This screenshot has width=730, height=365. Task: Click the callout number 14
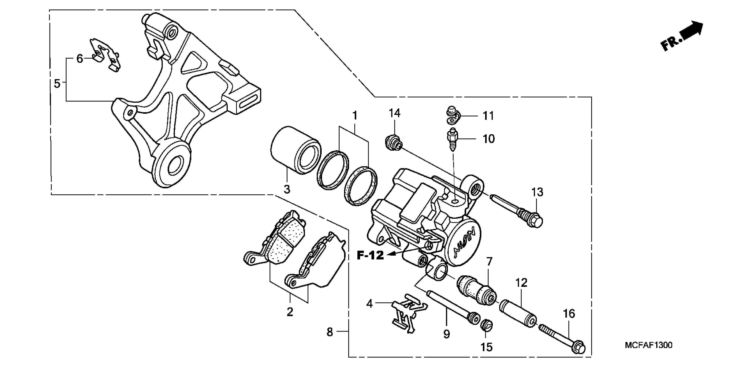[394, 113]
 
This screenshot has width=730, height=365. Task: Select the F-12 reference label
[370, 255]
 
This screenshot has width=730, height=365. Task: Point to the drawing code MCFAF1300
[648, 345]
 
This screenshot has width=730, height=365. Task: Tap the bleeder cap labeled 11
[451, 114]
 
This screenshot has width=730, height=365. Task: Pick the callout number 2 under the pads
[290, 312]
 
